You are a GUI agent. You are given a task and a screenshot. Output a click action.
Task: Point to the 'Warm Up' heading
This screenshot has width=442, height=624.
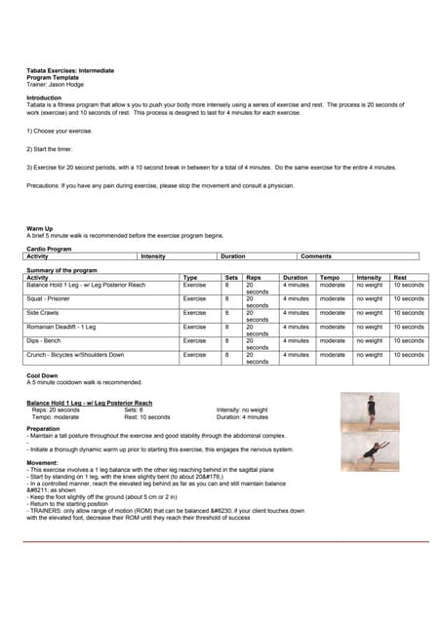click(41, 228)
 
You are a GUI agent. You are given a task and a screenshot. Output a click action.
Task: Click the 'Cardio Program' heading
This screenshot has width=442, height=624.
click(49, 249)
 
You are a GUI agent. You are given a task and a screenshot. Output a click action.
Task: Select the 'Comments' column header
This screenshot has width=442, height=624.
click(316, 255)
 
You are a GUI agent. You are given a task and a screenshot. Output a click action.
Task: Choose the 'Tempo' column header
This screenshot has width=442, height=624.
click(330, 277)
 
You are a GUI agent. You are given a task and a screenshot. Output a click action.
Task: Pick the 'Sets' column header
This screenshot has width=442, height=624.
click(231, 277)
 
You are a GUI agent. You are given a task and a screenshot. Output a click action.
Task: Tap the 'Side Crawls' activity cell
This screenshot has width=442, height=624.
click(43, 312)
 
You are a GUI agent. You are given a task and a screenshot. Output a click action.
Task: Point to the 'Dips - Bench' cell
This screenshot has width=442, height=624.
click(43, 340)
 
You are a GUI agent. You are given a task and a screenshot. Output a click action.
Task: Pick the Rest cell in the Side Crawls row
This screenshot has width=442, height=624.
click(408, 312)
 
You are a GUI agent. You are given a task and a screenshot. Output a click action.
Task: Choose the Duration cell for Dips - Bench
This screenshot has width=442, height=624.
click(295, 340)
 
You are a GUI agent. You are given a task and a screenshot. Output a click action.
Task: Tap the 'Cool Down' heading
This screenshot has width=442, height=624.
click(42, 375)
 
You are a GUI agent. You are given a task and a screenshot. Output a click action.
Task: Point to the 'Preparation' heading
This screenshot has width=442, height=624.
click(43, 428)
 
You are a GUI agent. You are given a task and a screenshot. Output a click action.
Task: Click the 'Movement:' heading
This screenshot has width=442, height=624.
click(43, 462)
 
